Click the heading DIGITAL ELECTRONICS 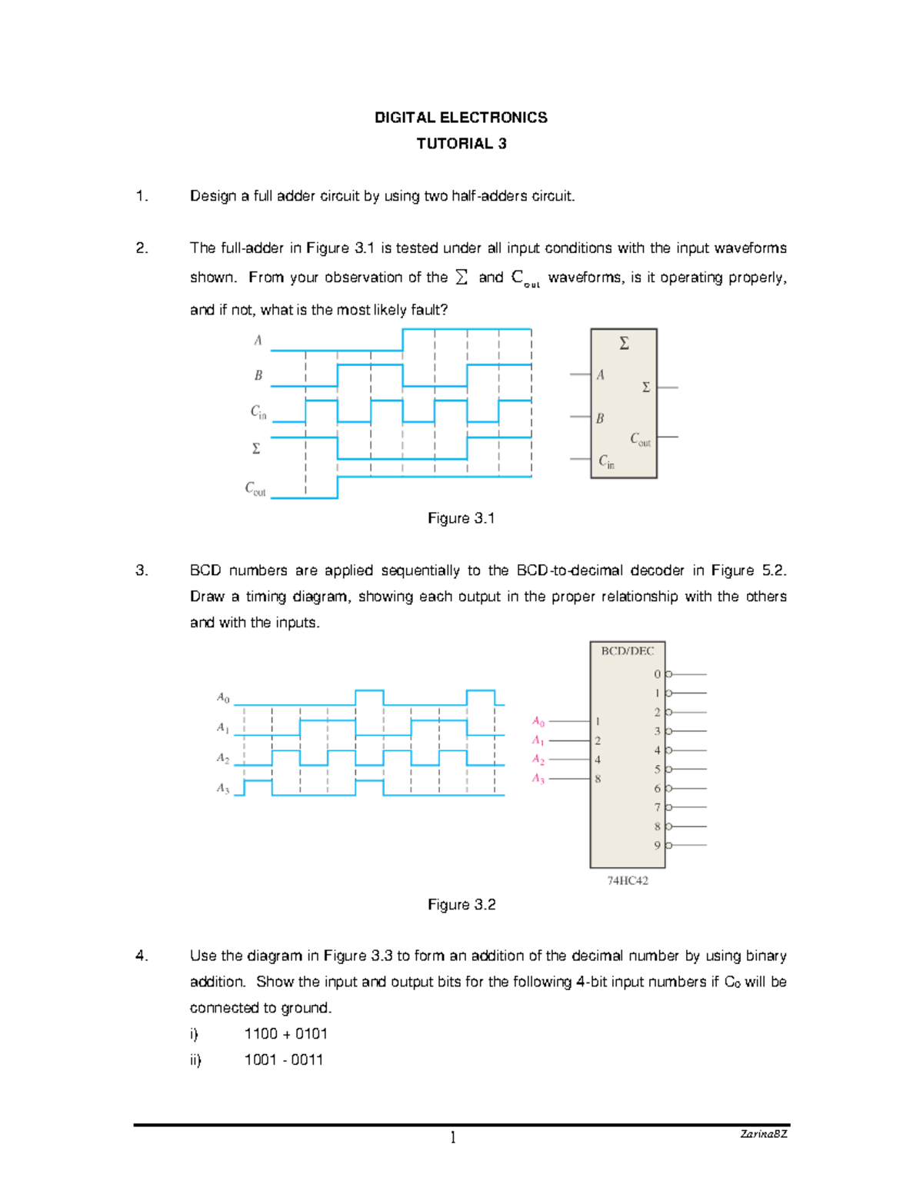click(461, 118)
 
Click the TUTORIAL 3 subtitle click(461, 144)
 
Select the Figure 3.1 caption click(461, 518)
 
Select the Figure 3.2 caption click(461, 905)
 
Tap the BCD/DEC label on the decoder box click(627, 651)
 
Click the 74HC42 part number click(628, 881)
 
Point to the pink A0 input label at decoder click(538, 721)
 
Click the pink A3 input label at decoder click(538, 779)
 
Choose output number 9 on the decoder click(658, 845)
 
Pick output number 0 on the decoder click(658, 674)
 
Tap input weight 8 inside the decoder click(598, 779)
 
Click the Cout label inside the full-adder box click(640, 438)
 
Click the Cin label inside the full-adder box click(606, 461)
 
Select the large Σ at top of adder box click(624, 344)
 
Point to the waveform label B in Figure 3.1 click(258, 375)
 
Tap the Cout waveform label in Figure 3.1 click(255, 489)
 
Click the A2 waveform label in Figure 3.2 click(223, 758)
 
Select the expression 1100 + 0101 click(286, 1034)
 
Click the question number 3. click(142, 570)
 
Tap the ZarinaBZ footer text click(763, 1134)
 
